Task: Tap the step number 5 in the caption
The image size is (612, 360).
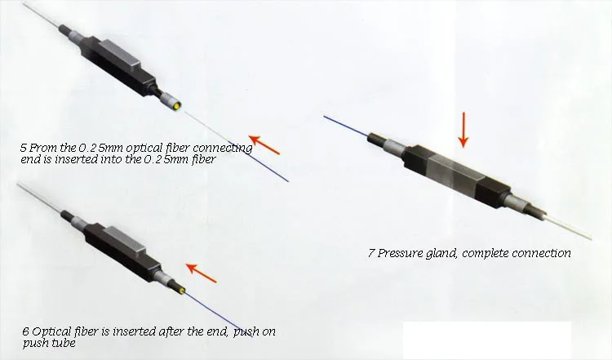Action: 23,149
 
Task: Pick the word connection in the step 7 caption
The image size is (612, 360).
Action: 544,253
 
